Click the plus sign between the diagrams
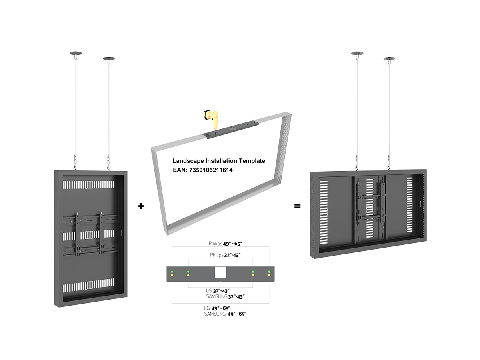[x=141, y=206]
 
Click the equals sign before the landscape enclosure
[x=298, y=206]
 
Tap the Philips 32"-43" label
[x=225, y=255]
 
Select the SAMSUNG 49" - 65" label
[x=225, y=314]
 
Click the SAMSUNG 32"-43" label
[x=225, y=297]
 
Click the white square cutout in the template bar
[x=220, y=273]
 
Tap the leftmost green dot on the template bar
[x=172, y=272]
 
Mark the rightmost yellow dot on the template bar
[x=269, y=276]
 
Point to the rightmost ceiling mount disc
[x=389, y=59]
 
